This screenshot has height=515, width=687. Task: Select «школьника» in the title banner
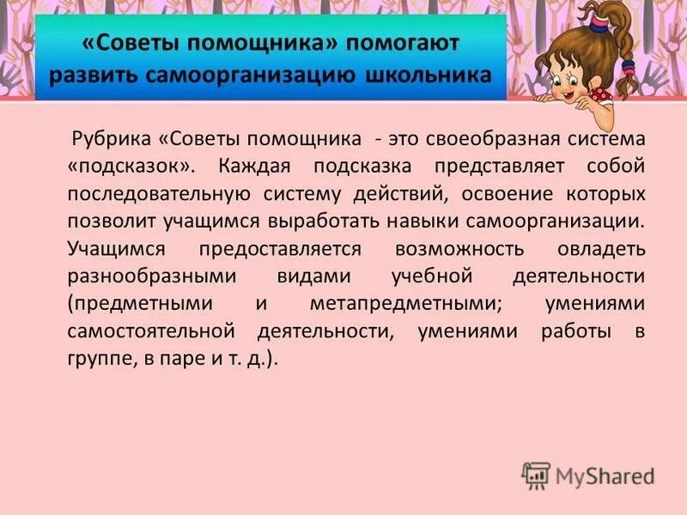(441, 73)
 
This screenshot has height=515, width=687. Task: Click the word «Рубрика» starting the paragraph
(110, 138)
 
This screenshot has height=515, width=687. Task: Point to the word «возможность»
(459, 248)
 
